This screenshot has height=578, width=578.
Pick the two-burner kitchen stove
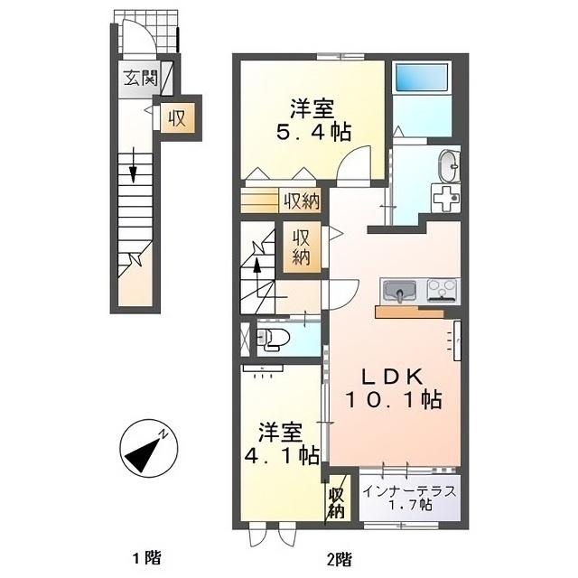(443, 291)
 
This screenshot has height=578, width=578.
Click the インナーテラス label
(410, 491)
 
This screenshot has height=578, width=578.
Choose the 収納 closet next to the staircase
(302, 247)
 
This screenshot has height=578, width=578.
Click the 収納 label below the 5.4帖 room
(300, 200)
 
